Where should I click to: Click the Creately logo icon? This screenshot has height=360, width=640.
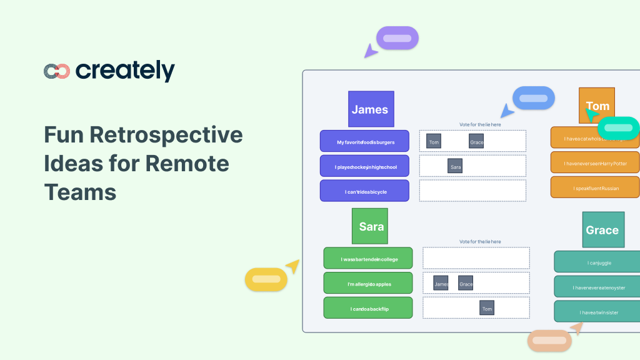point(56,71)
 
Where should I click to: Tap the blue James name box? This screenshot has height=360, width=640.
point(371,109)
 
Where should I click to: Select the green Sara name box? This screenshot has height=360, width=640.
point(371,226)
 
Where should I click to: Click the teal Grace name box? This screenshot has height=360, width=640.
point(602,230)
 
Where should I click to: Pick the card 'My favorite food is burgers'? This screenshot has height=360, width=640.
point(365,142)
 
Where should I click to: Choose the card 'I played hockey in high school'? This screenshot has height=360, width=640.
point(365,167)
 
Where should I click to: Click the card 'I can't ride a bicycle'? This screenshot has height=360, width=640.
point(365,191)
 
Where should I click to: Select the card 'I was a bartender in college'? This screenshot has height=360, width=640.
point(369,259)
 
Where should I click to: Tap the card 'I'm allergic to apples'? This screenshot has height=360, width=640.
point(369,284)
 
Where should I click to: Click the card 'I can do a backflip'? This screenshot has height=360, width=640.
point(369,308)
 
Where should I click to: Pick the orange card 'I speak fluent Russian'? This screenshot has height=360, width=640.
point(596,187)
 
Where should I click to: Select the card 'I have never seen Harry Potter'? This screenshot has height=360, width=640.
point(596,163)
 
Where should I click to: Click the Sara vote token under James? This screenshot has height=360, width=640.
point(455,167)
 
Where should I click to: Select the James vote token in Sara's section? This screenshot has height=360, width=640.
point(441,284)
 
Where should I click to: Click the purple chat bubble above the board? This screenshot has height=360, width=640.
point(397,38)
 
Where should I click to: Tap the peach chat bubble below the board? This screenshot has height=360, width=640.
point(549,341)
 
